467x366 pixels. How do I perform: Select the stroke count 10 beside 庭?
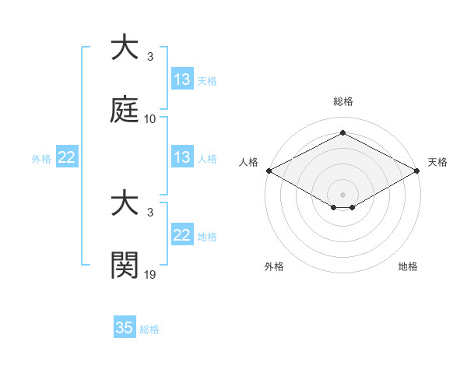click(x=150, y=119)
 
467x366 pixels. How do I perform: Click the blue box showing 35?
click(x=125, y=328)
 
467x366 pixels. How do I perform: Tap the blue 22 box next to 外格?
click(x=67, y=158)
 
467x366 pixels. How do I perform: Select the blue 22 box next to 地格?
click(x=182, y=235)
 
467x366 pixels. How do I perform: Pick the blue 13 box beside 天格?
click(x=182, y=79)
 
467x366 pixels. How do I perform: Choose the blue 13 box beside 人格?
click(x=182, y=158)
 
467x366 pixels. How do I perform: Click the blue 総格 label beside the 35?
click(x=149, y=329)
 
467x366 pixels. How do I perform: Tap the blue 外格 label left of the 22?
click(x=41, y=159)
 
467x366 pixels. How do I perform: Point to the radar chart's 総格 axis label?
click(x=343, y=101)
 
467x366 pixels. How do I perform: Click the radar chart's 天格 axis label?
click(x=437, y=162)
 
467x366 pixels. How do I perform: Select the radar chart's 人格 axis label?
click(x=249, y=162)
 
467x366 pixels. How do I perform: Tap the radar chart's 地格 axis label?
click(x=408, y=266)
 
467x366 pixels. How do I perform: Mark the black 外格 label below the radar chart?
click(x=274, y=266)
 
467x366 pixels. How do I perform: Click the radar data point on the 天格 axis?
click(x=418, y=171)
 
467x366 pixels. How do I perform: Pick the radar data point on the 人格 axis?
click(x=269, y=171)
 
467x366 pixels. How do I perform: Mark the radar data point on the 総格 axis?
click(x=343, y=132)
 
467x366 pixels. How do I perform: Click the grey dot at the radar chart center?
click(x=343, y=195)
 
